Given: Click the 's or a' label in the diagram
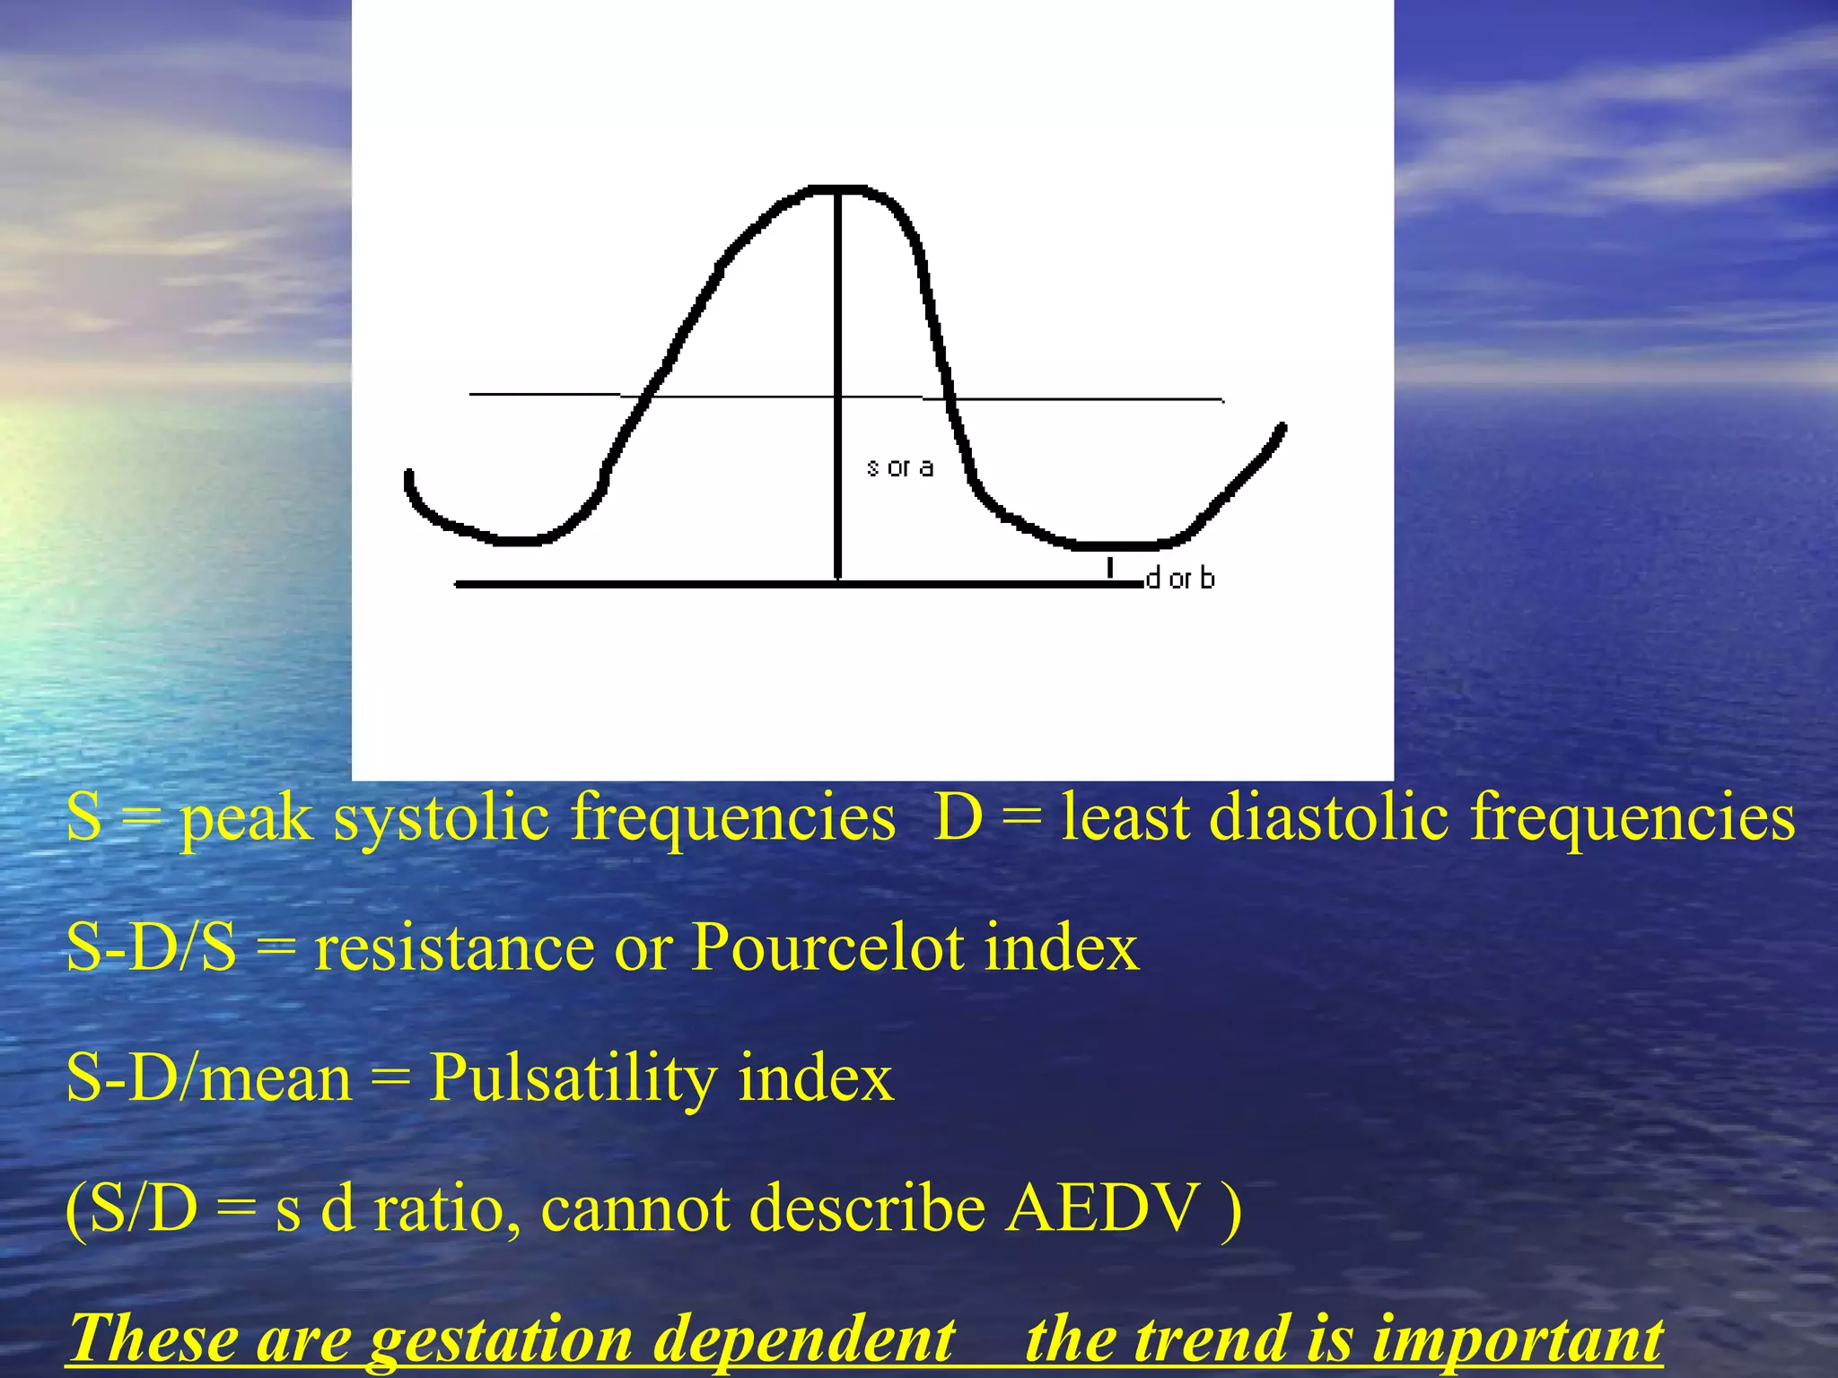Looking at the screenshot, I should pos(900,467).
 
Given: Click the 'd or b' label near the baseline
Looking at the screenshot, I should pos(1180,579).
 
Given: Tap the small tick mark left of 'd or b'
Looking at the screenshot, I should pos(1110,567).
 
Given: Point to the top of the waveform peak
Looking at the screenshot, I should pos(838,188).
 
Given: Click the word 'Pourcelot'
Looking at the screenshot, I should pos(827,947).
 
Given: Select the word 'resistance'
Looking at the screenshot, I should pos(454,949).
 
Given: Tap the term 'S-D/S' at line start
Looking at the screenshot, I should pos(151,948).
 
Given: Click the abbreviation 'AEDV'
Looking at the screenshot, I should pos(1101,1208).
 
